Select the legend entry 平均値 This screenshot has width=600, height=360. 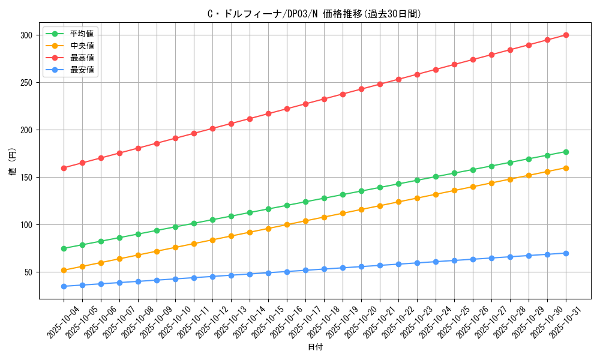coord(82,34)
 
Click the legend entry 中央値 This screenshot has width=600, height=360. coord(82,46)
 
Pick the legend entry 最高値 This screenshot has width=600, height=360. coord(82,58)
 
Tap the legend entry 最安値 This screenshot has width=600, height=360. coord(82,70)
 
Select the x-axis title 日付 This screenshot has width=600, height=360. coord(315,347)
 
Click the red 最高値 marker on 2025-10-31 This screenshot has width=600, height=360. coord(566,35)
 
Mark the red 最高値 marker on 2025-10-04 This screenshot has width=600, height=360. coord(64,168)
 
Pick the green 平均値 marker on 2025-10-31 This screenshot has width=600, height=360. coord(566,152)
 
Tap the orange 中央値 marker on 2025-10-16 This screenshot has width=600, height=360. coord(287,225)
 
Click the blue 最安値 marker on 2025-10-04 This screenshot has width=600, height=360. coord(64,286)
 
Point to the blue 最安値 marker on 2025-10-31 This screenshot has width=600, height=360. coord(566,253)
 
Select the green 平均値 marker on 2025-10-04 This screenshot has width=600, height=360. coord(64,248)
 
